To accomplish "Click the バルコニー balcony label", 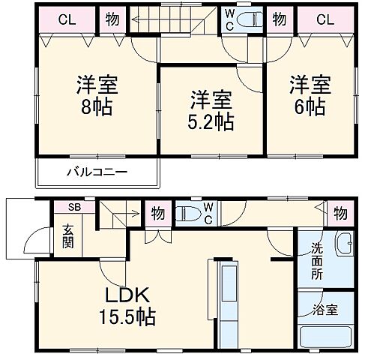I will click(97, 172).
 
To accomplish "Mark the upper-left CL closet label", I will click(65, 20).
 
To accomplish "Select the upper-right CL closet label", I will click(325, 20).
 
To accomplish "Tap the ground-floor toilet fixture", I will click(192, 213).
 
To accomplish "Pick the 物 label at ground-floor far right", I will click(340, 213).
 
